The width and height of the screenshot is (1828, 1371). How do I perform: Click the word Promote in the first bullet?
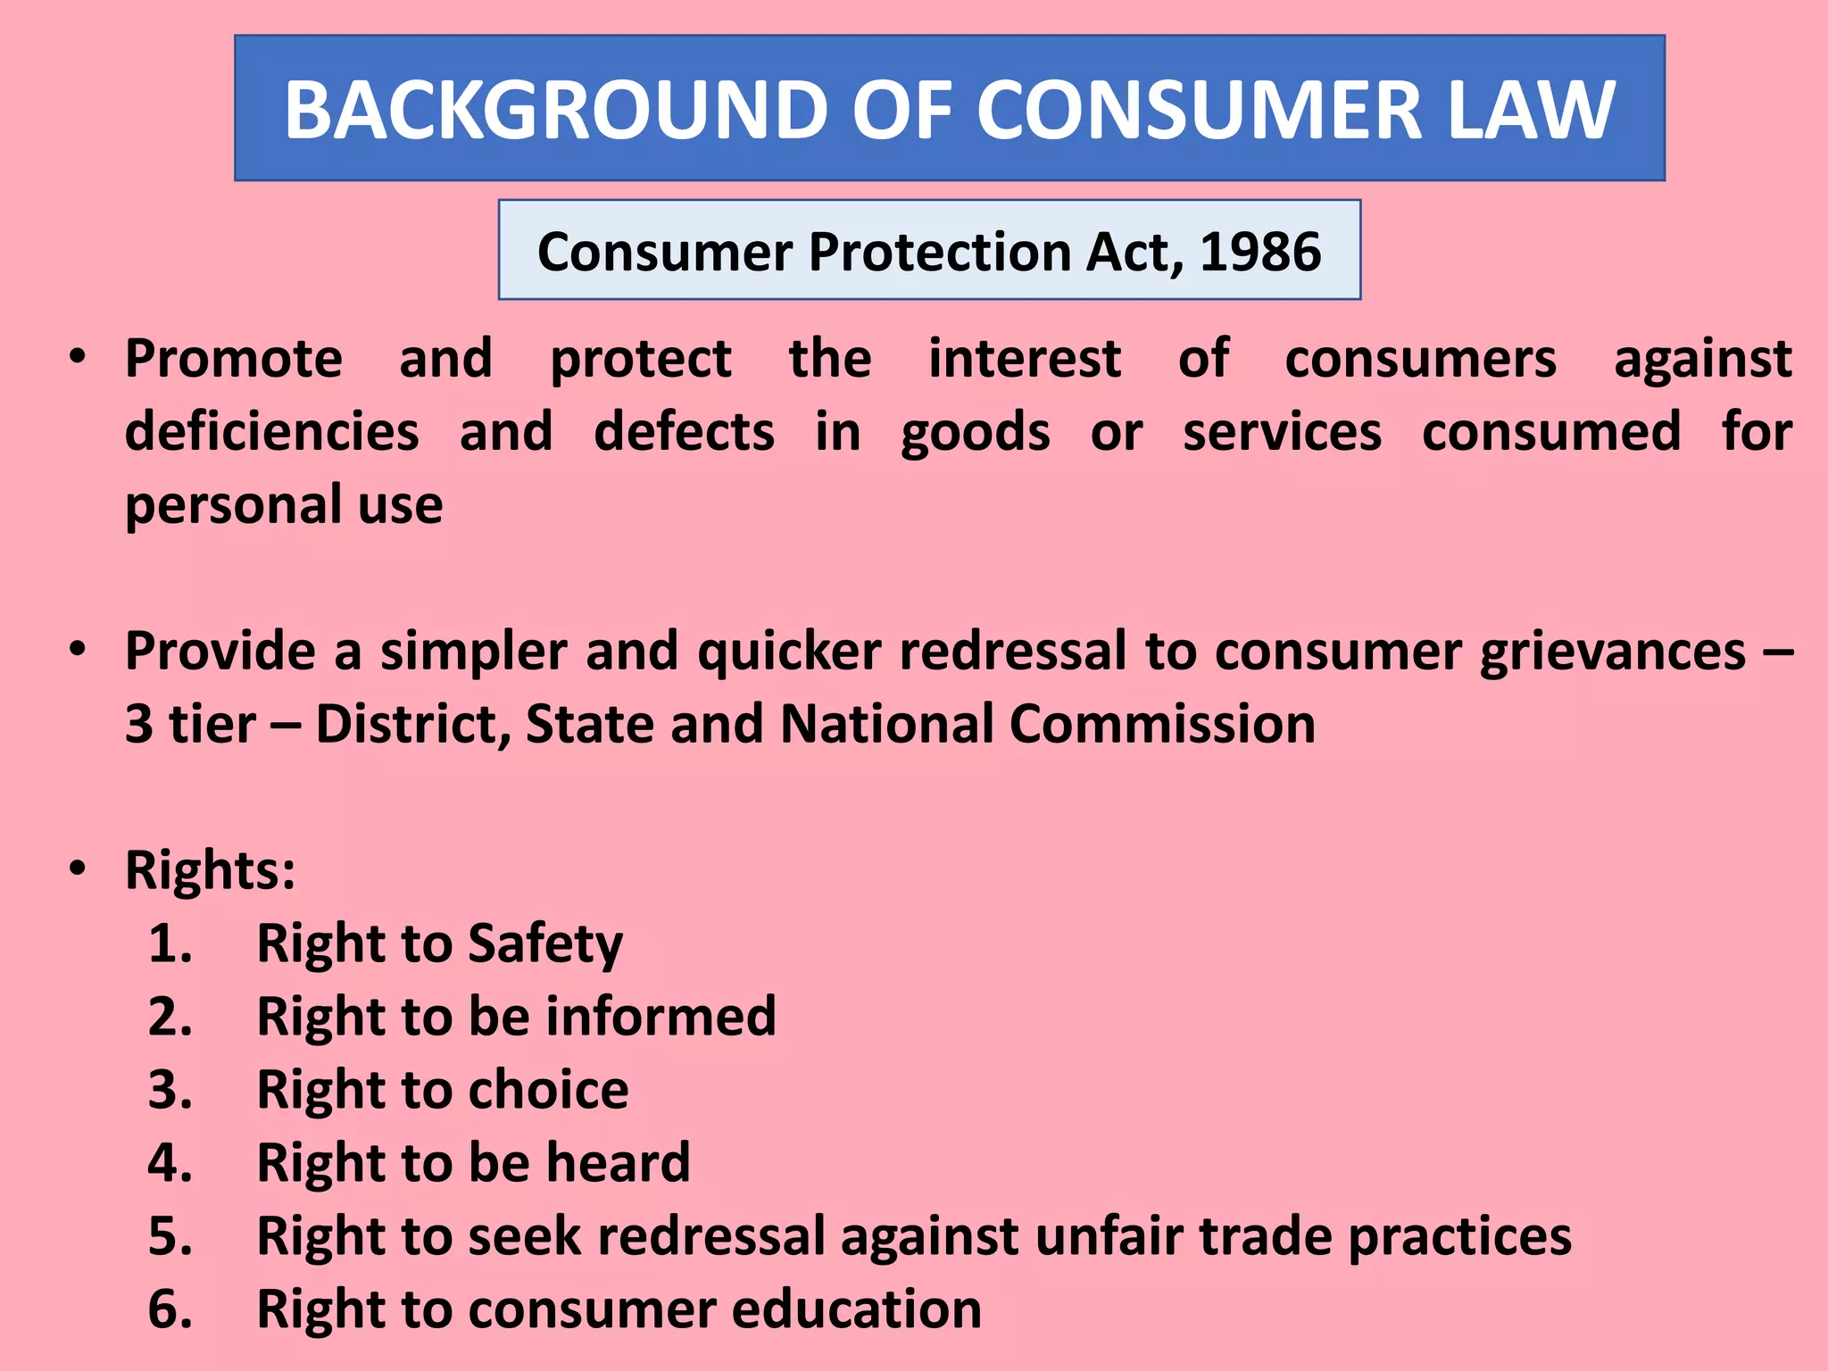234,359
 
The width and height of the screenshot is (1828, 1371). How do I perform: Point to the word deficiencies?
271,432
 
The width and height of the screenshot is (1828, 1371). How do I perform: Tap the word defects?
684,432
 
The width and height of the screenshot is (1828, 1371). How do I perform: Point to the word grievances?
1612,652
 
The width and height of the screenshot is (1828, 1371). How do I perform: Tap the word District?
413,724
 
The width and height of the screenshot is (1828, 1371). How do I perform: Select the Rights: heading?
211,870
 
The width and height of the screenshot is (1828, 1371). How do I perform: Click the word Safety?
544,944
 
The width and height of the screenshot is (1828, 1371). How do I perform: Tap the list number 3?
170,1090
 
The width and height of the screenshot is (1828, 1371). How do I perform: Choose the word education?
857,1309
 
